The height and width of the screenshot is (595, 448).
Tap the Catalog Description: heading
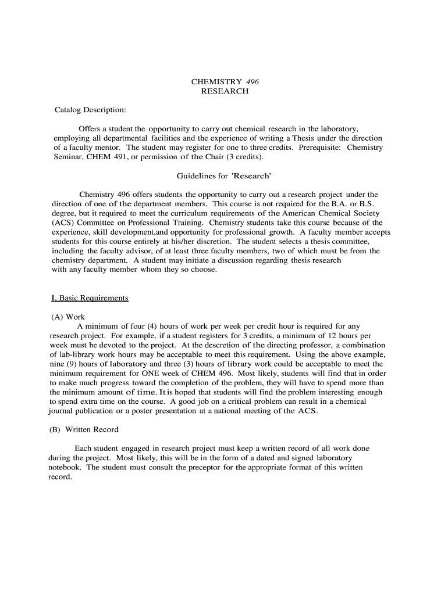90,109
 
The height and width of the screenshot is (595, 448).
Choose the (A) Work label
69,317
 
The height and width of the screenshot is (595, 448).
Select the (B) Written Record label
84,429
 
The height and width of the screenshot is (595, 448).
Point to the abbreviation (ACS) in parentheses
62,223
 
